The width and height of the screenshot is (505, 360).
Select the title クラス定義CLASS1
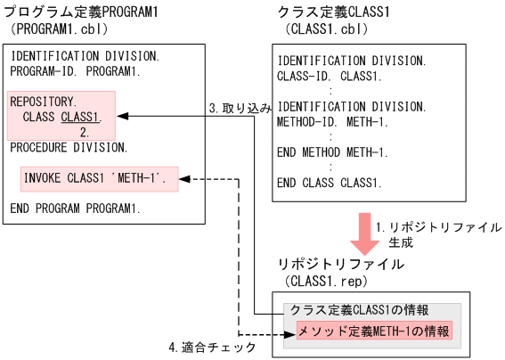(x=329, y=12)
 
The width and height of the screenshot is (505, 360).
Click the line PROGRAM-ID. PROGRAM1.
(x=76, y=70)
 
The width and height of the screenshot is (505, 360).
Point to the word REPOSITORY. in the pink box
(x=42, y=102)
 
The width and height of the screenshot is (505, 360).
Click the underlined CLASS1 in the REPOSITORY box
(x=80, y=117)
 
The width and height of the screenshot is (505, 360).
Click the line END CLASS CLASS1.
(x=329, y=183)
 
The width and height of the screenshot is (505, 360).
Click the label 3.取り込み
(x=239, y=107)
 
